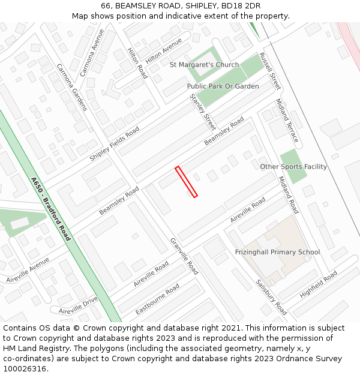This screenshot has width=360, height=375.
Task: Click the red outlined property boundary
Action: click(x=186, y=182)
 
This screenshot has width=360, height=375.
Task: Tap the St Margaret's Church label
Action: click(x=204, y=65)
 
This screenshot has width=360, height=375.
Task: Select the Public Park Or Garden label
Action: click(x=223, y=86)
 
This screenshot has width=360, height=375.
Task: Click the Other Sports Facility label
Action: click(x=293, y=167)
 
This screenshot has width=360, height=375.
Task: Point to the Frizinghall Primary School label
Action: click(x=277, y=252)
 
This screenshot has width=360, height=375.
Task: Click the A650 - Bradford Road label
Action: click(x=50, y=209)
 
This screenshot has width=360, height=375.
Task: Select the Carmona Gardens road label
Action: click(x=72, y=88)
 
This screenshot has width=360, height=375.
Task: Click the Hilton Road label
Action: click(x=137, y=64)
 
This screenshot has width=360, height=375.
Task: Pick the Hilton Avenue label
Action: click(x=164, y=52)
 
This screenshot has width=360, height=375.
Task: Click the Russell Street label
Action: click(x=270, y=71)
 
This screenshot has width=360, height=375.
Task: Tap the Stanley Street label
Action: click(x=203, y=112)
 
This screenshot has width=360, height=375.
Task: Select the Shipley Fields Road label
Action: click(x=114, y=143)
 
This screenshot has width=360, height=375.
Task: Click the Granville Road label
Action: click(x=184, y=256)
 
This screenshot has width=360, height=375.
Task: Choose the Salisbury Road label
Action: click(x=271, y=298)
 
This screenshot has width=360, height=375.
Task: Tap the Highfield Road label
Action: click(x=319, y=284)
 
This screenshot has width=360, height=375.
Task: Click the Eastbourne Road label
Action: click(x=157, y=299)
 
